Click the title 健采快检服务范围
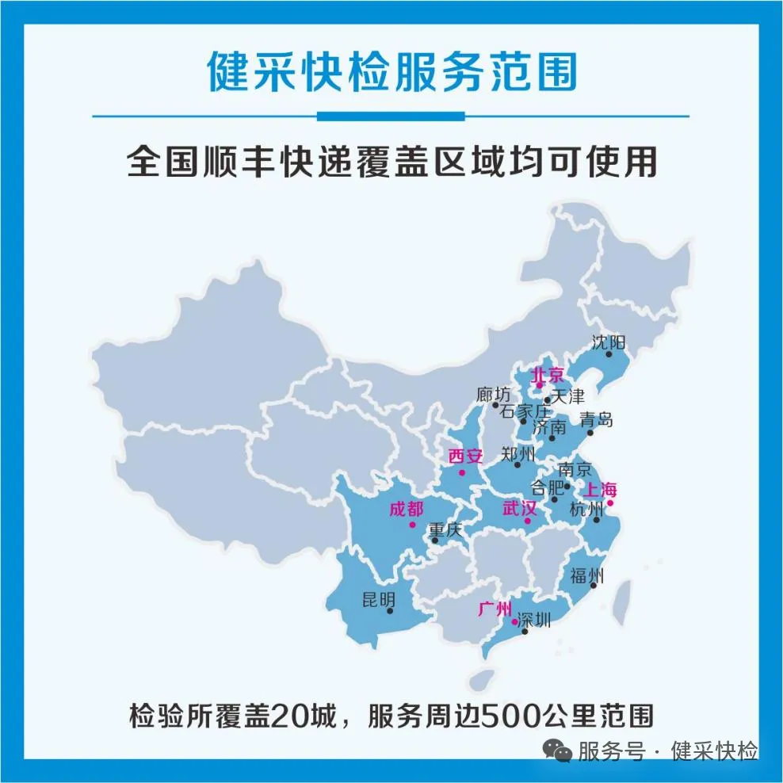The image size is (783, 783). pos(391,72)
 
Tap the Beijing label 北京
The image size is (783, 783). pos(547,374)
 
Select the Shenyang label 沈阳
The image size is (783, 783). pos(608,342)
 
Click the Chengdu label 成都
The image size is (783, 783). pos(406,509)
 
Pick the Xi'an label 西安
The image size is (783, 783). pos(465,456)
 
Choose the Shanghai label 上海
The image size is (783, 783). pos(601,489)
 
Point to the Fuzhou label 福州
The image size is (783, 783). pos(586,576)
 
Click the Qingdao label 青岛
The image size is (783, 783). pos(596,419)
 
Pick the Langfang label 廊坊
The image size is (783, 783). pos(494,394)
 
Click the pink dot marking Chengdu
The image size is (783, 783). pos(411,524)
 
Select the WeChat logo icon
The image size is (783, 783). pos(561,750)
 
